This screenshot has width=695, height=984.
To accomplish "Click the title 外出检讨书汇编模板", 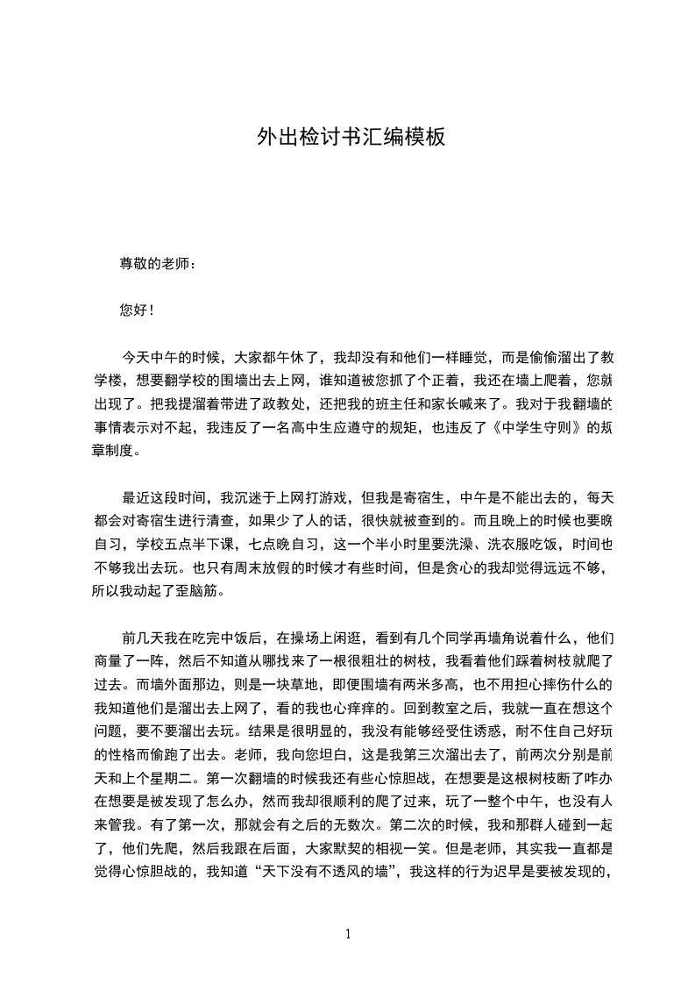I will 351,137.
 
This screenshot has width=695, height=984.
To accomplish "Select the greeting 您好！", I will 134,310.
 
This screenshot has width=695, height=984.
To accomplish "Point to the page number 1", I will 348,934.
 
